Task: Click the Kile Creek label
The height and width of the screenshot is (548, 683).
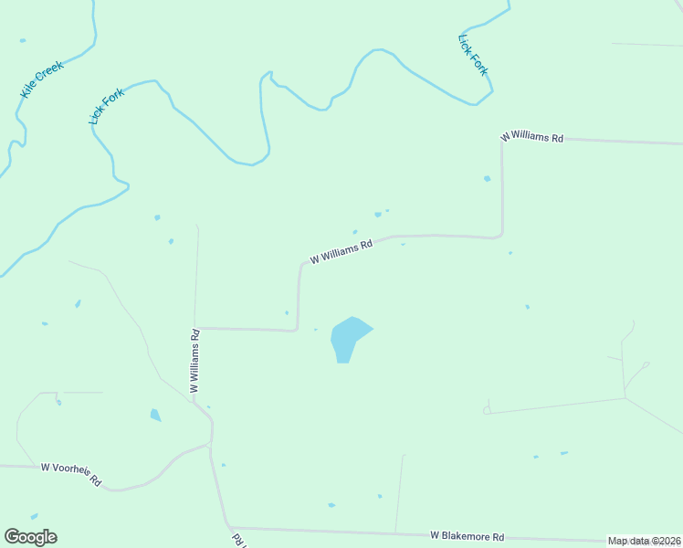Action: (40, 81)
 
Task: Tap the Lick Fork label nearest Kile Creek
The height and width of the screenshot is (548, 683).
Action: (107, 106)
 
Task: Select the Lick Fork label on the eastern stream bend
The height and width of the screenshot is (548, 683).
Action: (473, 55)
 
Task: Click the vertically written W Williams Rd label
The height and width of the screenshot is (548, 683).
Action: (194, 361)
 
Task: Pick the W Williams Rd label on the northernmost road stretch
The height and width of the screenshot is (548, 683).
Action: (531, 137)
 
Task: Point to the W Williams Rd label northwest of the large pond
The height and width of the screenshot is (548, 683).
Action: (341, 251)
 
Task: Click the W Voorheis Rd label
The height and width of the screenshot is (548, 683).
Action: (70, 474)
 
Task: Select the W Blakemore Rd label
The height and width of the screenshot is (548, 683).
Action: (468, 535)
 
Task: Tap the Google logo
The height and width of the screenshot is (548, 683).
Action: (30, 536)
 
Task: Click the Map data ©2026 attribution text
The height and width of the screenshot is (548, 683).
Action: (645, 541)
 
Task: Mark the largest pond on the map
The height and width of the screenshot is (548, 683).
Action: (347, 338)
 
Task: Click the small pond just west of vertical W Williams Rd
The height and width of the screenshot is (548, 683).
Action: (155, 416)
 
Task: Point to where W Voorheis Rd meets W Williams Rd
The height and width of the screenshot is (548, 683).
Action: (211, 445)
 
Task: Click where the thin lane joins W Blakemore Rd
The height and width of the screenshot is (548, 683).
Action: (395, 532)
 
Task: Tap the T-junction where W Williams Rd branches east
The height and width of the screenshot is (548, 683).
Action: (196, 327)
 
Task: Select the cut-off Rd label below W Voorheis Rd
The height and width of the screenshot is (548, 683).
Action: (240, 540)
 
